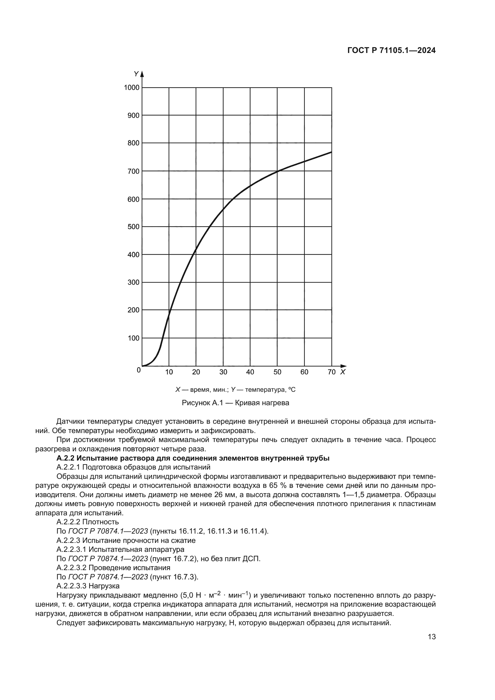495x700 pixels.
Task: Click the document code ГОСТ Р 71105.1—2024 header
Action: pyautogui.click(x=391, y=51)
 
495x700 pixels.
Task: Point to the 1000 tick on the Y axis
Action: pyautogui.click(x=132, y=88)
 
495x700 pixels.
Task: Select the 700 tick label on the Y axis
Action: pyautogui.click(x=133, y=171)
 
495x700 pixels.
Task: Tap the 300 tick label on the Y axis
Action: pyautogui.click(x=133, y=282)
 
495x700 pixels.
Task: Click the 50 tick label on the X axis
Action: pyautogui.click(x=277, y=372)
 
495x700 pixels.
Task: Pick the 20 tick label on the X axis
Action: pyautogui.click(x=196, y=372)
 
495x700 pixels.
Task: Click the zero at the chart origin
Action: pyautogui.click(x=139, y=370)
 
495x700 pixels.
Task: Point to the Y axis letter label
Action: pyautogui.click(x=136, y=74)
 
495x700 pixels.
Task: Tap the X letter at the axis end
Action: pyautogui.click(x=343, y=372)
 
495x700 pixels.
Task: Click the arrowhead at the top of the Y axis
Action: pyautogui.click(x=142, y=74)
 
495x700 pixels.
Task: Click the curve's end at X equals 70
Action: pyautogui.click(x=331, y=152)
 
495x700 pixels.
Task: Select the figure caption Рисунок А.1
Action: pyautogui.click(x=235, y=403)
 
